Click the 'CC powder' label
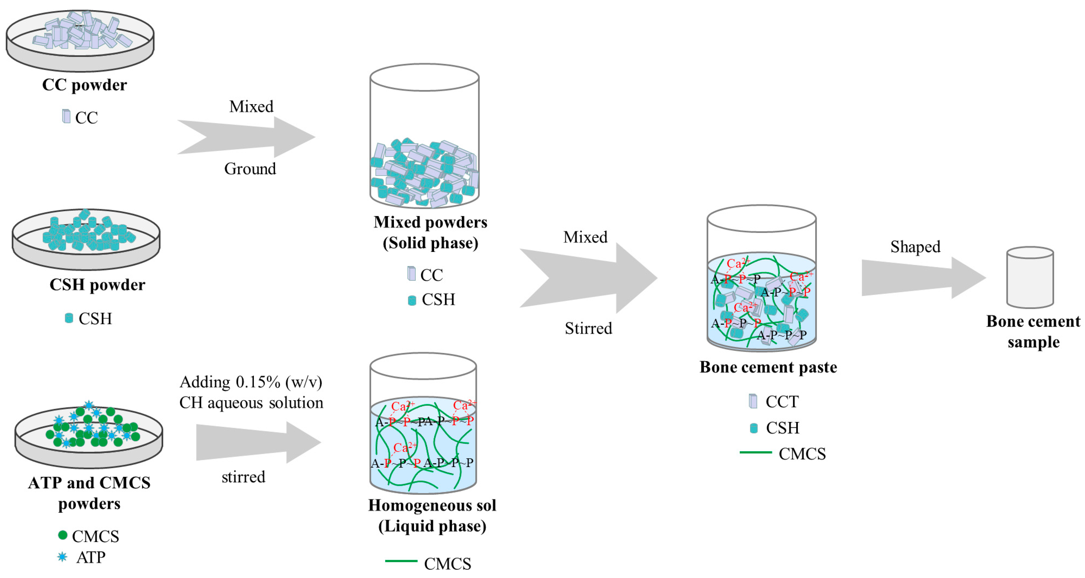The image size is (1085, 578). (84, 85)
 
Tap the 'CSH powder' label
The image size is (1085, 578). (97, 285)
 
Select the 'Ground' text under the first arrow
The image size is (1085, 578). (250, 169)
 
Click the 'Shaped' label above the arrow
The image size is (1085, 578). (915, 247)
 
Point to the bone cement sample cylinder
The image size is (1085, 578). (1030, 278)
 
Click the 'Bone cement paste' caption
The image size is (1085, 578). (768, 367)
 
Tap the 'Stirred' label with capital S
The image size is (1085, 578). (588, 328)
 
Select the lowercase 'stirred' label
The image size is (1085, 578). (243, 477)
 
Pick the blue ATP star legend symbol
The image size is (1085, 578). (62, 557)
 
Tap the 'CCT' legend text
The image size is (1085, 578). (782, 401)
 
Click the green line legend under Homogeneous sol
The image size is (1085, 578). (401, 561)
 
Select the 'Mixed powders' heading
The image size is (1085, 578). (430, 222)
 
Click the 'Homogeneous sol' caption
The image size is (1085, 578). (432, 505)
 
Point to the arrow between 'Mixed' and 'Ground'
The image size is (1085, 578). (246, 137)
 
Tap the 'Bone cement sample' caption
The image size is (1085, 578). (1033, 331)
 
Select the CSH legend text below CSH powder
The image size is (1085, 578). (95, 318)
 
